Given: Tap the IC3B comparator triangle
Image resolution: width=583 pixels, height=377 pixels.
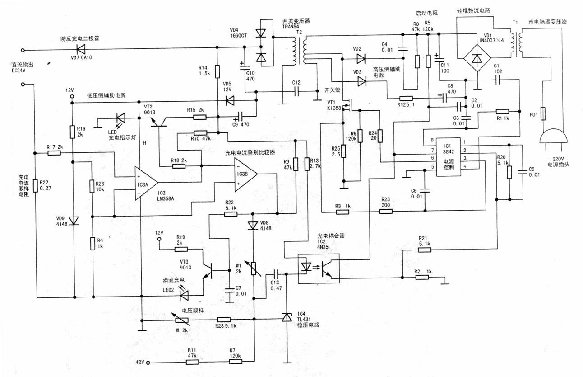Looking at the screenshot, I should pyautogui.click(x=245, y=174).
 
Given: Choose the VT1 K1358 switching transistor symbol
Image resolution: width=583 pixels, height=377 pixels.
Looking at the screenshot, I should pyautogui.click(x=349, y=107).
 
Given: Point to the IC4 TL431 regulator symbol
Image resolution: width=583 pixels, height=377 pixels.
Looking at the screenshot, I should pyautogui.click(x=287, y=318).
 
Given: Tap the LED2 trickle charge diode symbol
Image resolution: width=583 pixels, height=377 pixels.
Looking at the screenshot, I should pyautogui.click(x=184, y=295).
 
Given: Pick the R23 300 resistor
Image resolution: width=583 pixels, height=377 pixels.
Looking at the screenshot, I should pyautogui.click(x=385, y=211).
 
